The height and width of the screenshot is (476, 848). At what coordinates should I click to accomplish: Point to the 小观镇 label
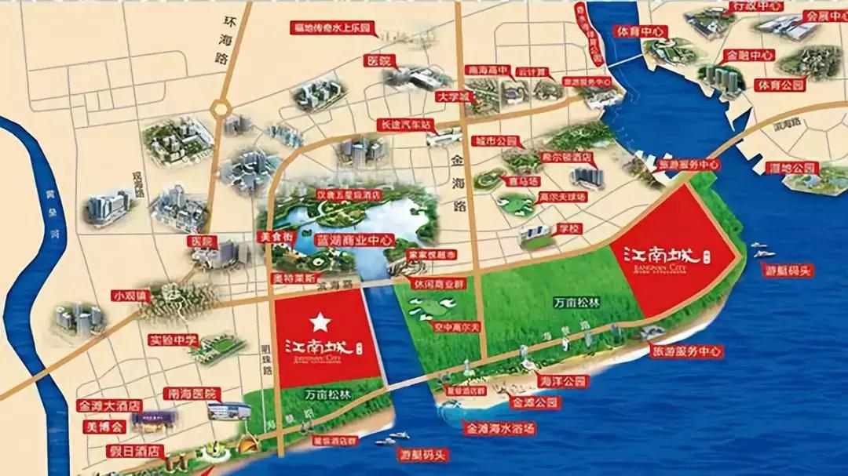129,296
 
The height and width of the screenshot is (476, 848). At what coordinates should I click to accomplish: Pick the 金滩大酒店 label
109,407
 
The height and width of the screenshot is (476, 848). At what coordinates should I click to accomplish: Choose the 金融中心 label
749,56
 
